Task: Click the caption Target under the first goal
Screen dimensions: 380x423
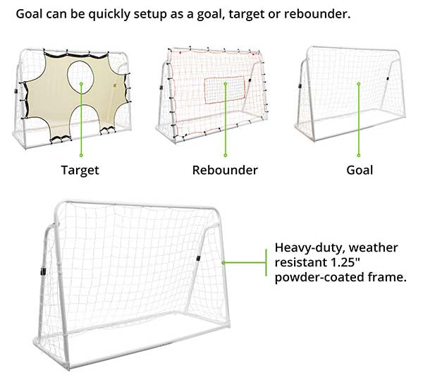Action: pos(80,170)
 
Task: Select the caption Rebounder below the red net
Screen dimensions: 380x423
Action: pos(225,170)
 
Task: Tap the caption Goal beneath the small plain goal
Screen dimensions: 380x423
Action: pos(360,170)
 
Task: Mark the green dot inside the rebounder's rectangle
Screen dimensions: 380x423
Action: pos(225,85)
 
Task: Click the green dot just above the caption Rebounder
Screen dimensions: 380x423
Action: pos(225,155)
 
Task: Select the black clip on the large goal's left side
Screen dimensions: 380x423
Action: pos(42,272)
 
